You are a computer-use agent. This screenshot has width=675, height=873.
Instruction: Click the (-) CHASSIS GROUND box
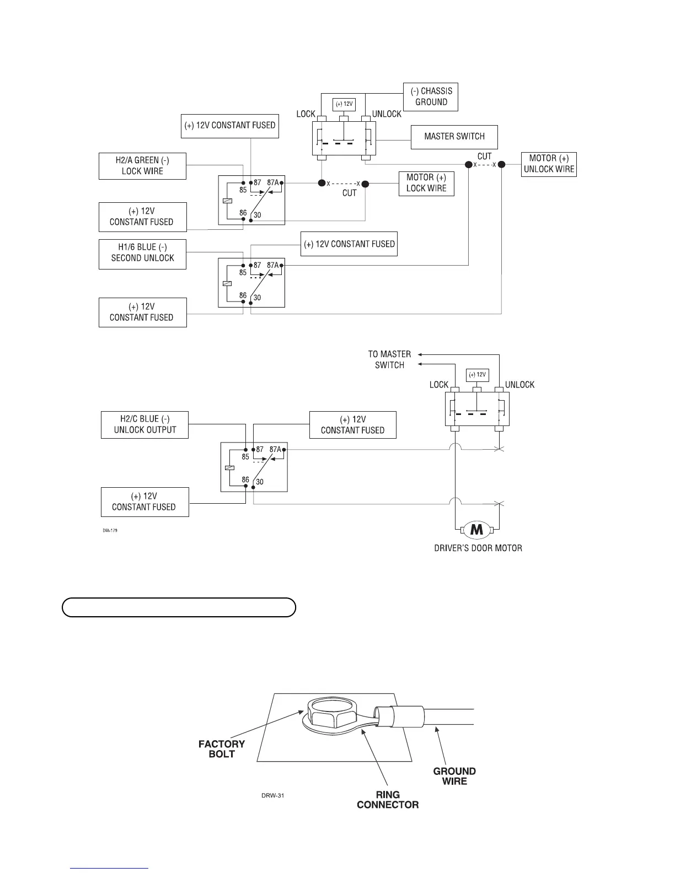tap(431, 96)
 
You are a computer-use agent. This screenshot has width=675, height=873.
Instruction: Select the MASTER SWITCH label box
tap(454, 137)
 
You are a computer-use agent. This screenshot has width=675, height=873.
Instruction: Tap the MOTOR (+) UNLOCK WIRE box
tap(548, 164)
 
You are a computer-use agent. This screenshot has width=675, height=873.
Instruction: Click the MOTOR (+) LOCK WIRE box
tap(426, 183)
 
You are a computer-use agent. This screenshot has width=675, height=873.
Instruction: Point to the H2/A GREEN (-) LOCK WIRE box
tap(142, 165)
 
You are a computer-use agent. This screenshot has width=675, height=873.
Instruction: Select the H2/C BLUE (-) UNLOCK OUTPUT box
tap(144, 424)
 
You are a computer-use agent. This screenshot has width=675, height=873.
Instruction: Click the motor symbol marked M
tap(476, 530)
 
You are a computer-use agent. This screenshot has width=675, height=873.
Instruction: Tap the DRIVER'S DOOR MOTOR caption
tap(478, 548)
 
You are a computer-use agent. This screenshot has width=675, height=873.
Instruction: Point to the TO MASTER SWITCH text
tap(389, 359)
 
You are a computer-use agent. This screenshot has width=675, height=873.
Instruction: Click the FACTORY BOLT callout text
tap(222, 748)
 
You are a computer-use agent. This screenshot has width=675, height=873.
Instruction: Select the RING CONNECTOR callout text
tap(388, 799)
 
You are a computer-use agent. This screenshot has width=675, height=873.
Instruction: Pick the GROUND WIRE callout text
tap(454, 775)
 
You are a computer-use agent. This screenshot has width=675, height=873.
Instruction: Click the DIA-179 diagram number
tap(110, 531)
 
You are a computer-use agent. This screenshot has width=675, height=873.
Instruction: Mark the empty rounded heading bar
tap(179, 607)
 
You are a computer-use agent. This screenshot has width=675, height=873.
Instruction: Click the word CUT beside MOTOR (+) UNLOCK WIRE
tap(484, 157)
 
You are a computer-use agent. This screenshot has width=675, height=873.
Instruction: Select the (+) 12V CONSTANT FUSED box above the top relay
tap(229, 126)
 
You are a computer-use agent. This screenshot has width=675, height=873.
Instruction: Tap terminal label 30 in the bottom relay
tap(259, 482)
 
